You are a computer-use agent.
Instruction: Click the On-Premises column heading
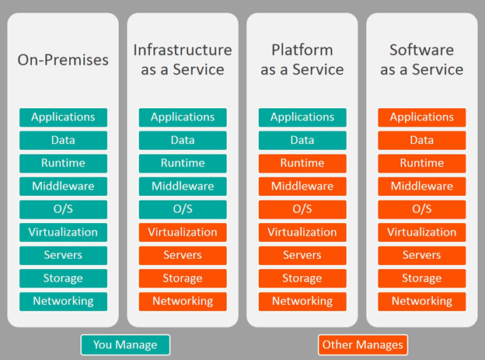(63, 59)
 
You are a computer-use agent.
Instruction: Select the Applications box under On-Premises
(63, 117)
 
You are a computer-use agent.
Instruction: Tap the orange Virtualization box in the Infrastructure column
(183, 232)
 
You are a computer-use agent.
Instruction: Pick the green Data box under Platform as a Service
(302, 140)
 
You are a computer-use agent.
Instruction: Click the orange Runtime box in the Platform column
(302, 163)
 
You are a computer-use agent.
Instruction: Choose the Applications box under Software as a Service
(421, 117)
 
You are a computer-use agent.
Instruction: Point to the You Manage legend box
(125, 344)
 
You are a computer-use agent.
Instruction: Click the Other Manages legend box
(362, 344)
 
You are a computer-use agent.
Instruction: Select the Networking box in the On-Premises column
(63, 301)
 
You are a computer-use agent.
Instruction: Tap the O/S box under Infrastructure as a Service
(183, 209)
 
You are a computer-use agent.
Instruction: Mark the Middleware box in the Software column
(421, 186)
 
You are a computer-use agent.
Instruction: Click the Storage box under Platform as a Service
(302, 278)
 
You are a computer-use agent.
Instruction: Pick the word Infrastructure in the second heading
(183, 50)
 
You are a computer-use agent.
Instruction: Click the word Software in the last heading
(421, 50)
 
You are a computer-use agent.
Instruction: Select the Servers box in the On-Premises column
(63, 255)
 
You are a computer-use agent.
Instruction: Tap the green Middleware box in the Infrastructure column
(183, 186)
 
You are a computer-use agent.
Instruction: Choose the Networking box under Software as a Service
(421, 301)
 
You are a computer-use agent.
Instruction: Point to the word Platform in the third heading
(302, 50)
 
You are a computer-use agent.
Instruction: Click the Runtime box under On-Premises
(63, 163)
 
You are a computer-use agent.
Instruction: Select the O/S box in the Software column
(421, 209)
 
